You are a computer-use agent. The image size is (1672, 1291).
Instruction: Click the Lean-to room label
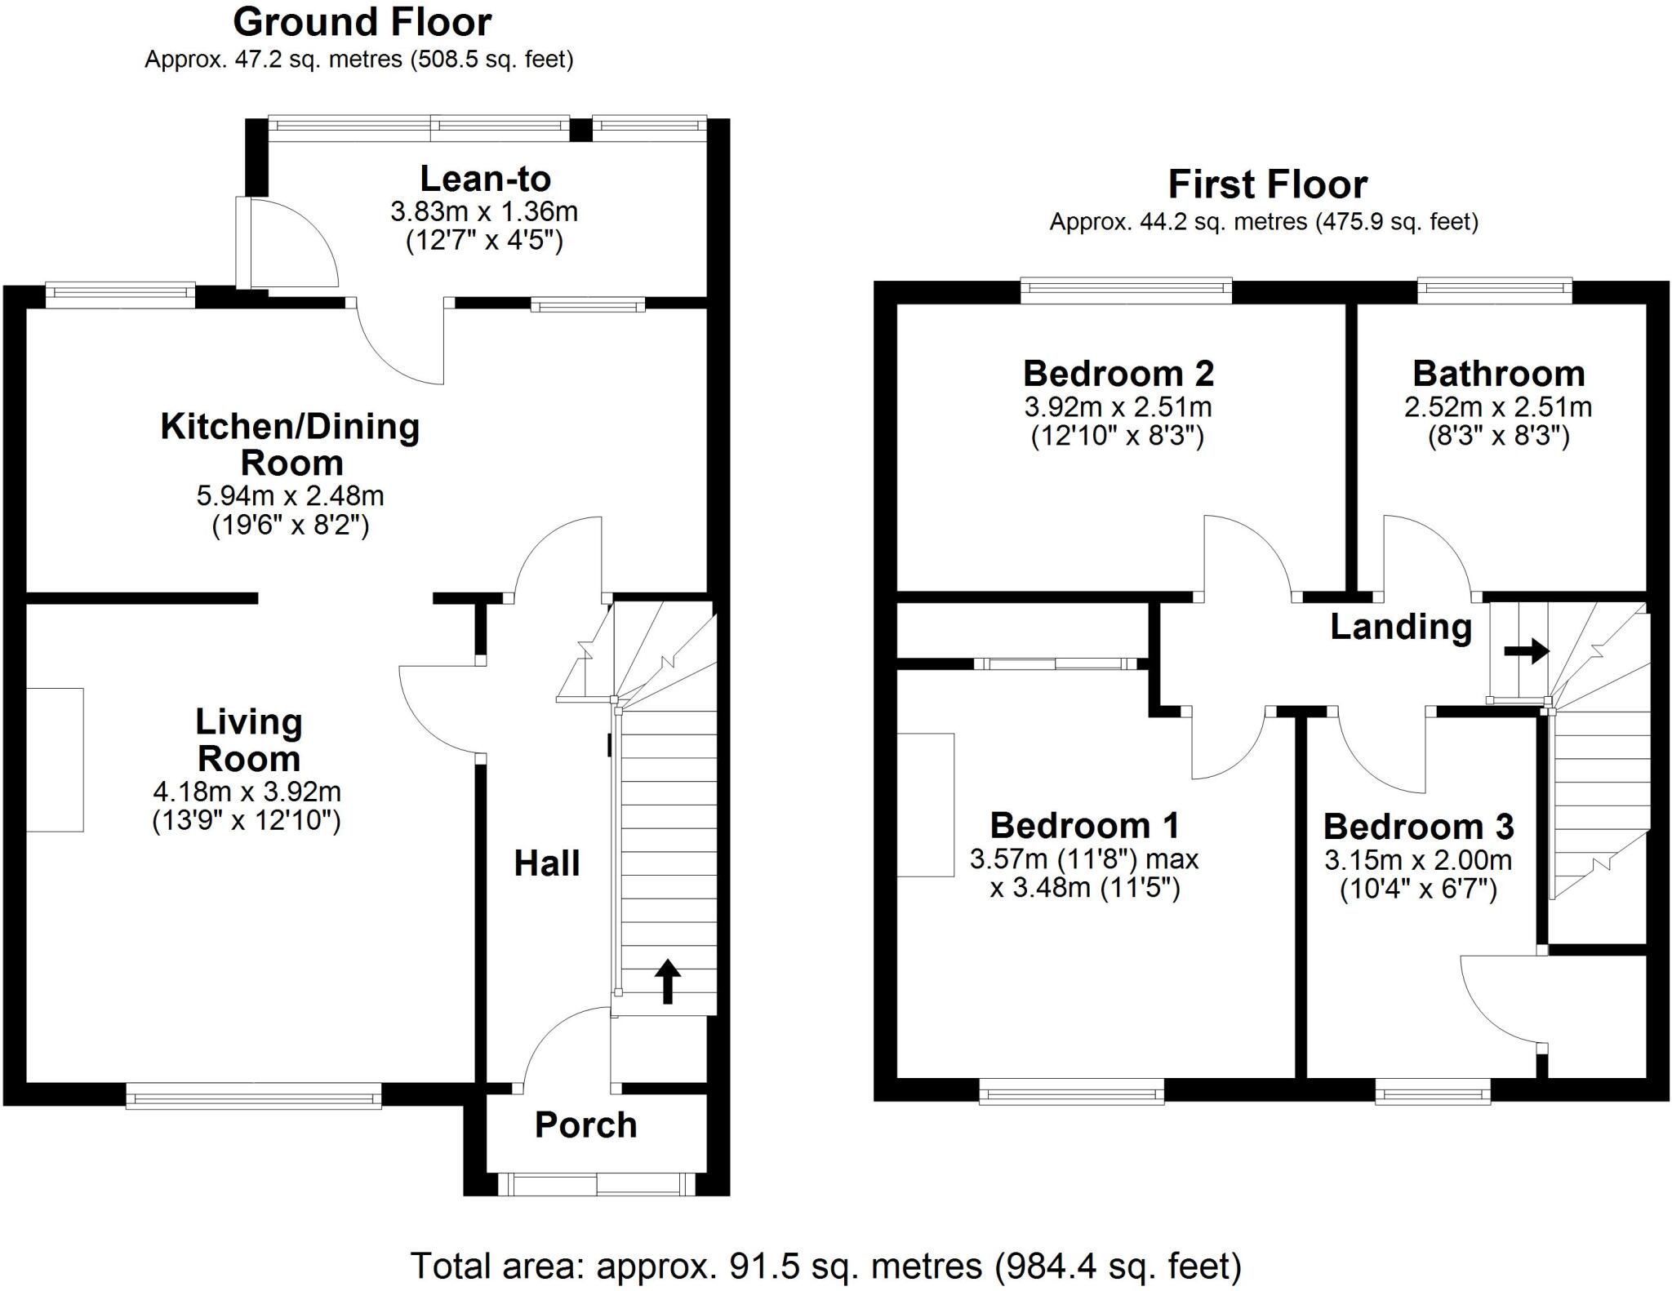(485, 179)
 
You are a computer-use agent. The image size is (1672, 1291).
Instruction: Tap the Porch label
(585, 1125)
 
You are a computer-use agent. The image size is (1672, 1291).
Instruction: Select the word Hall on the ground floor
(546, 863)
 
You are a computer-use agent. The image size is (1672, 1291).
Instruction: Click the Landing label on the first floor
(1401, 627)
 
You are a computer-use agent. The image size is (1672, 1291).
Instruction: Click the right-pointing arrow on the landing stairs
(1526, 650)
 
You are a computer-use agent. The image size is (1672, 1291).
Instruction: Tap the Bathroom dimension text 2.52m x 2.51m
(1497, 407)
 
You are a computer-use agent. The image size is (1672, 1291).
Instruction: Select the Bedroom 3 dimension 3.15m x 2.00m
(1418, 860)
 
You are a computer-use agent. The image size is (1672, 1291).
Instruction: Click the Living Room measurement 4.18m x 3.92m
(247, 792)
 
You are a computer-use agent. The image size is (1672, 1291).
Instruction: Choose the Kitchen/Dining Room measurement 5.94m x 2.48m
(290, 495)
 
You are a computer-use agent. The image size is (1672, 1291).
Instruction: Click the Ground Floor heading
(362, 22)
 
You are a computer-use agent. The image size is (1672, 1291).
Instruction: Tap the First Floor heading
(1267, 184)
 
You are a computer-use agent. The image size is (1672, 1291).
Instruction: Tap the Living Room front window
(254, 1095)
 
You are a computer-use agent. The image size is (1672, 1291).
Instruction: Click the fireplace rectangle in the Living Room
(55, 760)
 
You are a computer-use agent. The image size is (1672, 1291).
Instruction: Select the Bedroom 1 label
(1084, 826)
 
